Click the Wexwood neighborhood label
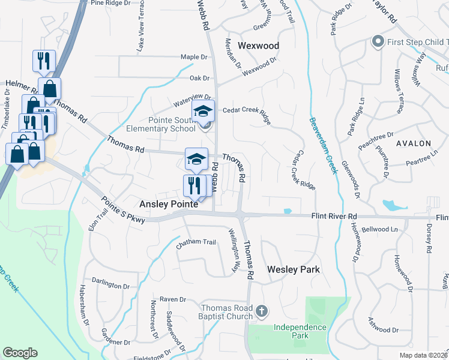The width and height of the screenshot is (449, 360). point(259,46)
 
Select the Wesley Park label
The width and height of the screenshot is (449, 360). point(293,270)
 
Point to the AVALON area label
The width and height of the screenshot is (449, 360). point(413,143)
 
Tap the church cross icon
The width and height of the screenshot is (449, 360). point(261,311)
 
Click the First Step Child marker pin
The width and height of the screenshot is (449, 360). point(378,41)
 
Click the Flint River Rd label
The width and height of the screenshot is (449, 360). point(334,216)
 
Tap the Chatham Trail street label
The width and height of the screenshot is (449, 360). point(195,242)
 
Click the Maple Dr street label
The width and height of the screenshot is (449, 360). point(194,57)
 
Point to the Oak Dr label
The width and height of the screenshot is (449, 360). point(199,78)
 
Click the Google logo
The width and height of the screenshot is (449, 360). point(20,353)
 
